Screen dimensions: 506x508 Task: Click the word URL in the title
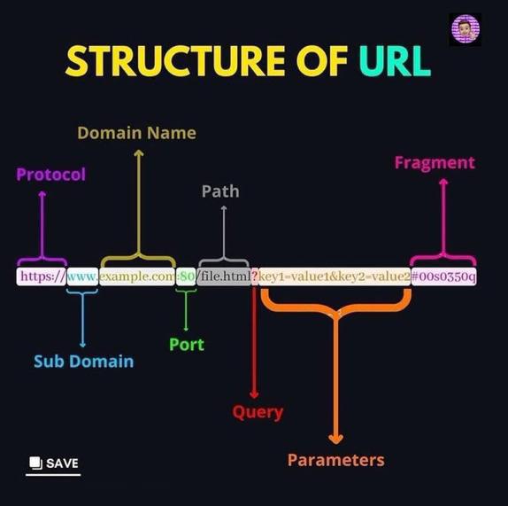(395, 60)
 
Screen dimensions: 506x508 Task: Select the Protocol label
(51, 175)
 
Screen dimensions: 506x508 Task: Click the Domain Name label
(136, 133)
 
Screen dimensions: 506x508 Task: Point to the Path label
(220, 191)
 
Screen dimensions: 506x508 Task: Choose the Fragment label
(435, 163)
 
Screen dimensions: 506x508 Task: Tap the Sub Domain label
(83, 361)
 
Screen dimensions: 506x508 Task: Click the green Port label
(187, 344)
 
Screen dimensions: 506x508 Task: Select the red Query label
(258, 412)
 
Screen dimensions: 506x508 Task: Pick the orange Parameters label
(335, 460)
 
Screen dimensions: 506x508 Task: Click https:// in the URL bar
(41, 276)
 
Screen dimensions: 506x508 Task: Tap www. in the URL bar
(82, 276)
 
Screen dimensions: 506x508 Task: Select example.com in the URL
(137, 276)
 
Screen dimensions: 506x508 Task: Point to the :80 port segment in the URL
(186, 276)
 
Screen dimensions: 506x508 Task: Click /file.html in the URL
(224, 276)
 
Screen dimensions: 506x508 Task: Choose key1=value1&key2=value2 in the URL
(334, 276)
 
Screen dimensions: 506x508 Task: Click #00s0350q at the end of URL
(443, 276)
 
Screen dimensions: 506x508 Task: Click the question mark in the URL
(254, 276)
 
